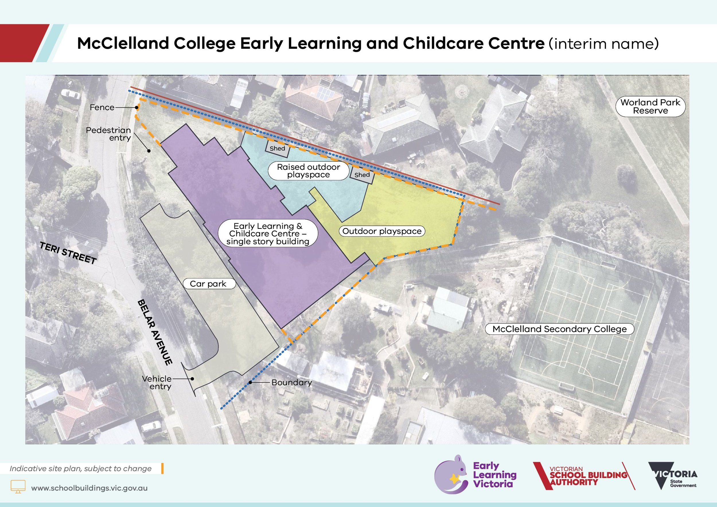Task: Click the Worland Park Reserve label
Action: pyautogui.click(x=650, y=106)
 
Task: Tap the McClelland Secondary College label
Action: pyautogui.click(x=560, y=329)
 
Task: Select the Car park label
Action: pyautogui.click(x=208, y=284)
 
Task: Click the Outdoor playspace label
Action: pyautogui.click(x=382, y=231)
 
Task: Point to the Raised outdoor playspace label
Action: pyautogui.click(x=308, y=171)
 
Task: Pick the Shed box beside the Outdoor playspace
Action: pyautogui.click(x=362, y=175)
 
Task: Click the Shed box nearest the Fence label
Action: pyautogui.click(x=277, y=148)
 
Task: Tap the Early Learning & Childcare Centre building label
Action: pyautogui.click(x=268, y=233)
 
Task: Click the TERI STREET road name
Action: pyautogui.click(x=68, y=253)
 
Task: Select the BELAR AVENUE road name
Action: pyautogui.click(x=155, y=332)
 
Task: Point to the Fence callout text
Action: pyautogui.click(x=102, y=108)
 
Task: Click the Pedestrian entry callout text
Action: pyautogui.click(x=108, y=134)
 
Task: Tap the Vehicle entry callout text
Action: pyautogui.click(x=157, y=383)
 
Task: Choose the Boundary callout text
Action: pyautogui.click(x=292, y=383)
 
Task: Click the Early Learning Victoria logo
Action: pyautogui.click(x=475, y=475)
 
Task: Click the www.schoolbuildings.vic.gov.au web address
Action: pyautogui.click(x=89, y=488)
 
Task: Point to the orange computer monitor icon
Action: pyautogui.click(x=18, y=486)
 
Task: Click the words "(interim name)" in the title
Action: pyautogui.click(x=604, y=44)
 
